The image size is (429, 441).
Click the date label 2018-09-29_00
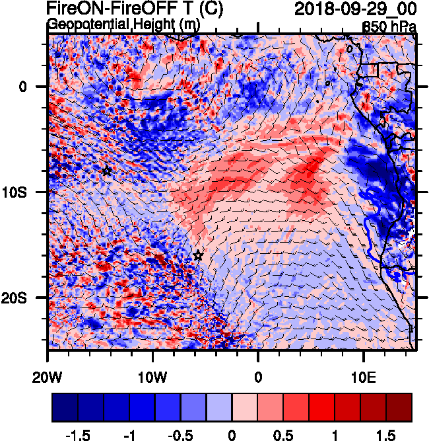[354, 9]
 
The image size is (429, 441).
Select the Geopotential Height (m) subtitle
[123, 24]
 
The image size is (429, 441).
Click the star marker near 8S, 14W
[107, 171]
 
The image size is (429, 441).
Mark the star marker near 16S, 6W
[198, 255]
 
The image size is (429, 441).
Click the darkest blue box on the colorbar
[65, 407]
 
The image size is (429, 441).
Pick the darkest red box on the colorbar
[399, 407]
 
